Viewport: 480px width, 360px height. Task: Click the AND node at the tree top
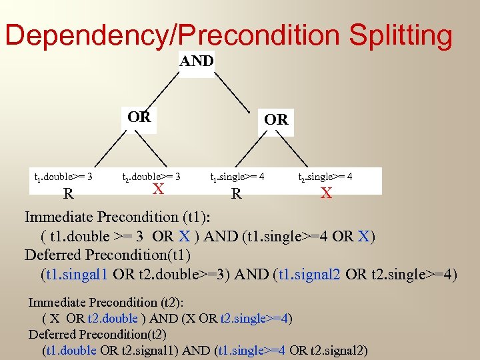[197, 61]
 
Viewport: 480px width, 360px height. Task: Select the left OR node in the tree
[139, 118]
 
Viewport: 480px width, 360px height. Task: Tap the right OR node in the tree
[276, 120]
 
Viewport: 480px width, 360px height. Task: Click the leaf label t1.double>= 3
[63, 177]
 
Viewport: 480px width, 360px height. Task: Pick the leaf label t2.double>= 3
[151, 177]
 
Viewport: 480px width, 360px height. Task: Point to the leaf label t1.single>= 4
[237, 177]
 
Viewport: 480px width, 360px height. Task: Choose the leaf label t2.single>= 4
[325, 177]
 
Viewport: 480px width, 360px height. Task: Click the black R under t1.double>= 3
[68, 194]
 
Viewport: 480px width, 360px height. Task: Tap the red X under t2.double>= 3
[158, 189]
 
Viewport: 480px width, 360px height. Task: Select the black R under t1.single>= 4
[236, 194]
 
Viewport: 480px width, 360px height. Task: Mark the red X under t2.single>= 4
[326, 193]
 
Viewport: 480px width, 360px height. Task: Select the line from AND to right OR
[234, 91]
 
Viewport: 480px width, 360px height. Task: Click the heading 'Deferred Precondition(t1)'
[107, 255]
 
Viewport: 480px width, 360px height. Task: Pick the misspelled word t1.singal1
[76, 274]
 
